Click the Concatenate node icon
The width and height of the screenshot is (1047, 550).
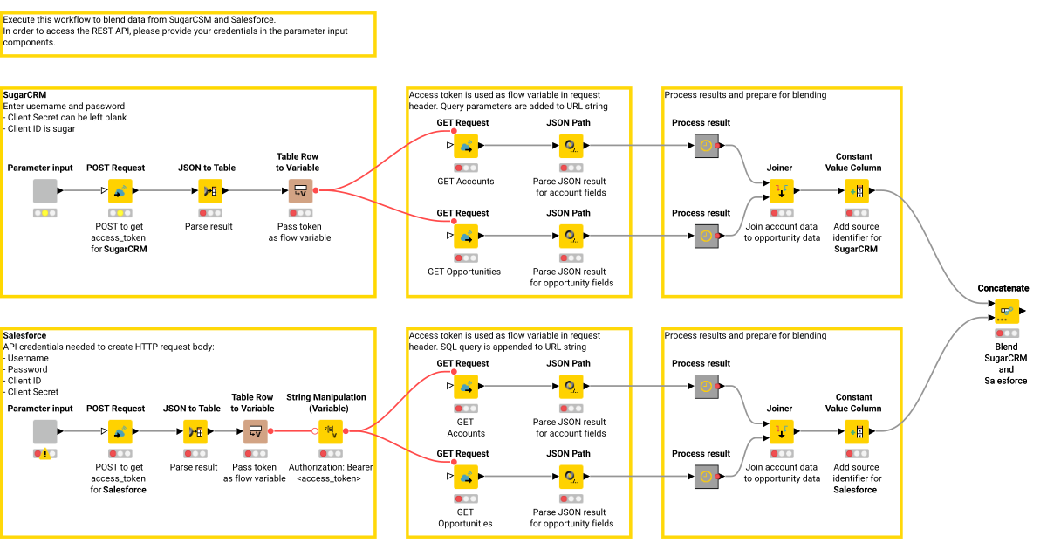(1006, 312)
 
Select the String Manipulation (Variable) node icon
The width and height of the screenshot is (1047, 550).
(330, 430)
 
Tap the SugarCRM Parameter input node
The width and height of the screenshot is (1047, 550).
(44, 190)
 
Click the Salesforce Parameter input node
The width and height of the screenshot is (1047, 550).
(44, 431)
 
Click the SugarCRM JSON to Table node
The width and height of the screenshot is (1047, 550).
(210, 190)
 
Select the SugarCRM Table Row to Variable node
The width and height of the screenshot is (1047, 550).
(300, 190)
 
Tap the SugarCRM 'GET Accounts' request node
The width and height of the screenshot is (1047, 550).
(466, 146)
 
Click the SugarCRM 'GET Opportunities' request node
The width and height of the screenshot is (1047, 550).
(466, 236)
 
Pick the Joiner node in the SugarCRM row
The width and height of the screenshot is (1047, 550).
(779, 190)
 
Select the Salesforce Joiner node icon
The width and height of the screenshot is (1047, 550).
(779, 431)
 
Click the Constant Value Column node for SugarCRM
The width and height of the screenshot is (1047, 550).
(856, 190)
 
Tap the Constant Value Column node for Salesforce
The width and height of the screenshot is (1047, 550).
(856, 431)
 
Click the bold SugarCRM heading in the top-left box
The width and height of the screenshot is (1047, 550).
(24, 95)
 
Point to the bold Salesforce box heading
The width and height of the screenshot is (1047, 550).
(25, 335)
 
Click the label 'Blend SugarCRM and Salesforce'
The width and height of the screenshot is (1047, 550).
(1005, 358)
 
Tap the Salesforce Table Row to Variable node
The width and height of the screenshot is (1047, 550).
(255, 431)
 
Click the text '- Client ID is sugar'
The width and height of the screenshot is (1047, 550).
(39, 129)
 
